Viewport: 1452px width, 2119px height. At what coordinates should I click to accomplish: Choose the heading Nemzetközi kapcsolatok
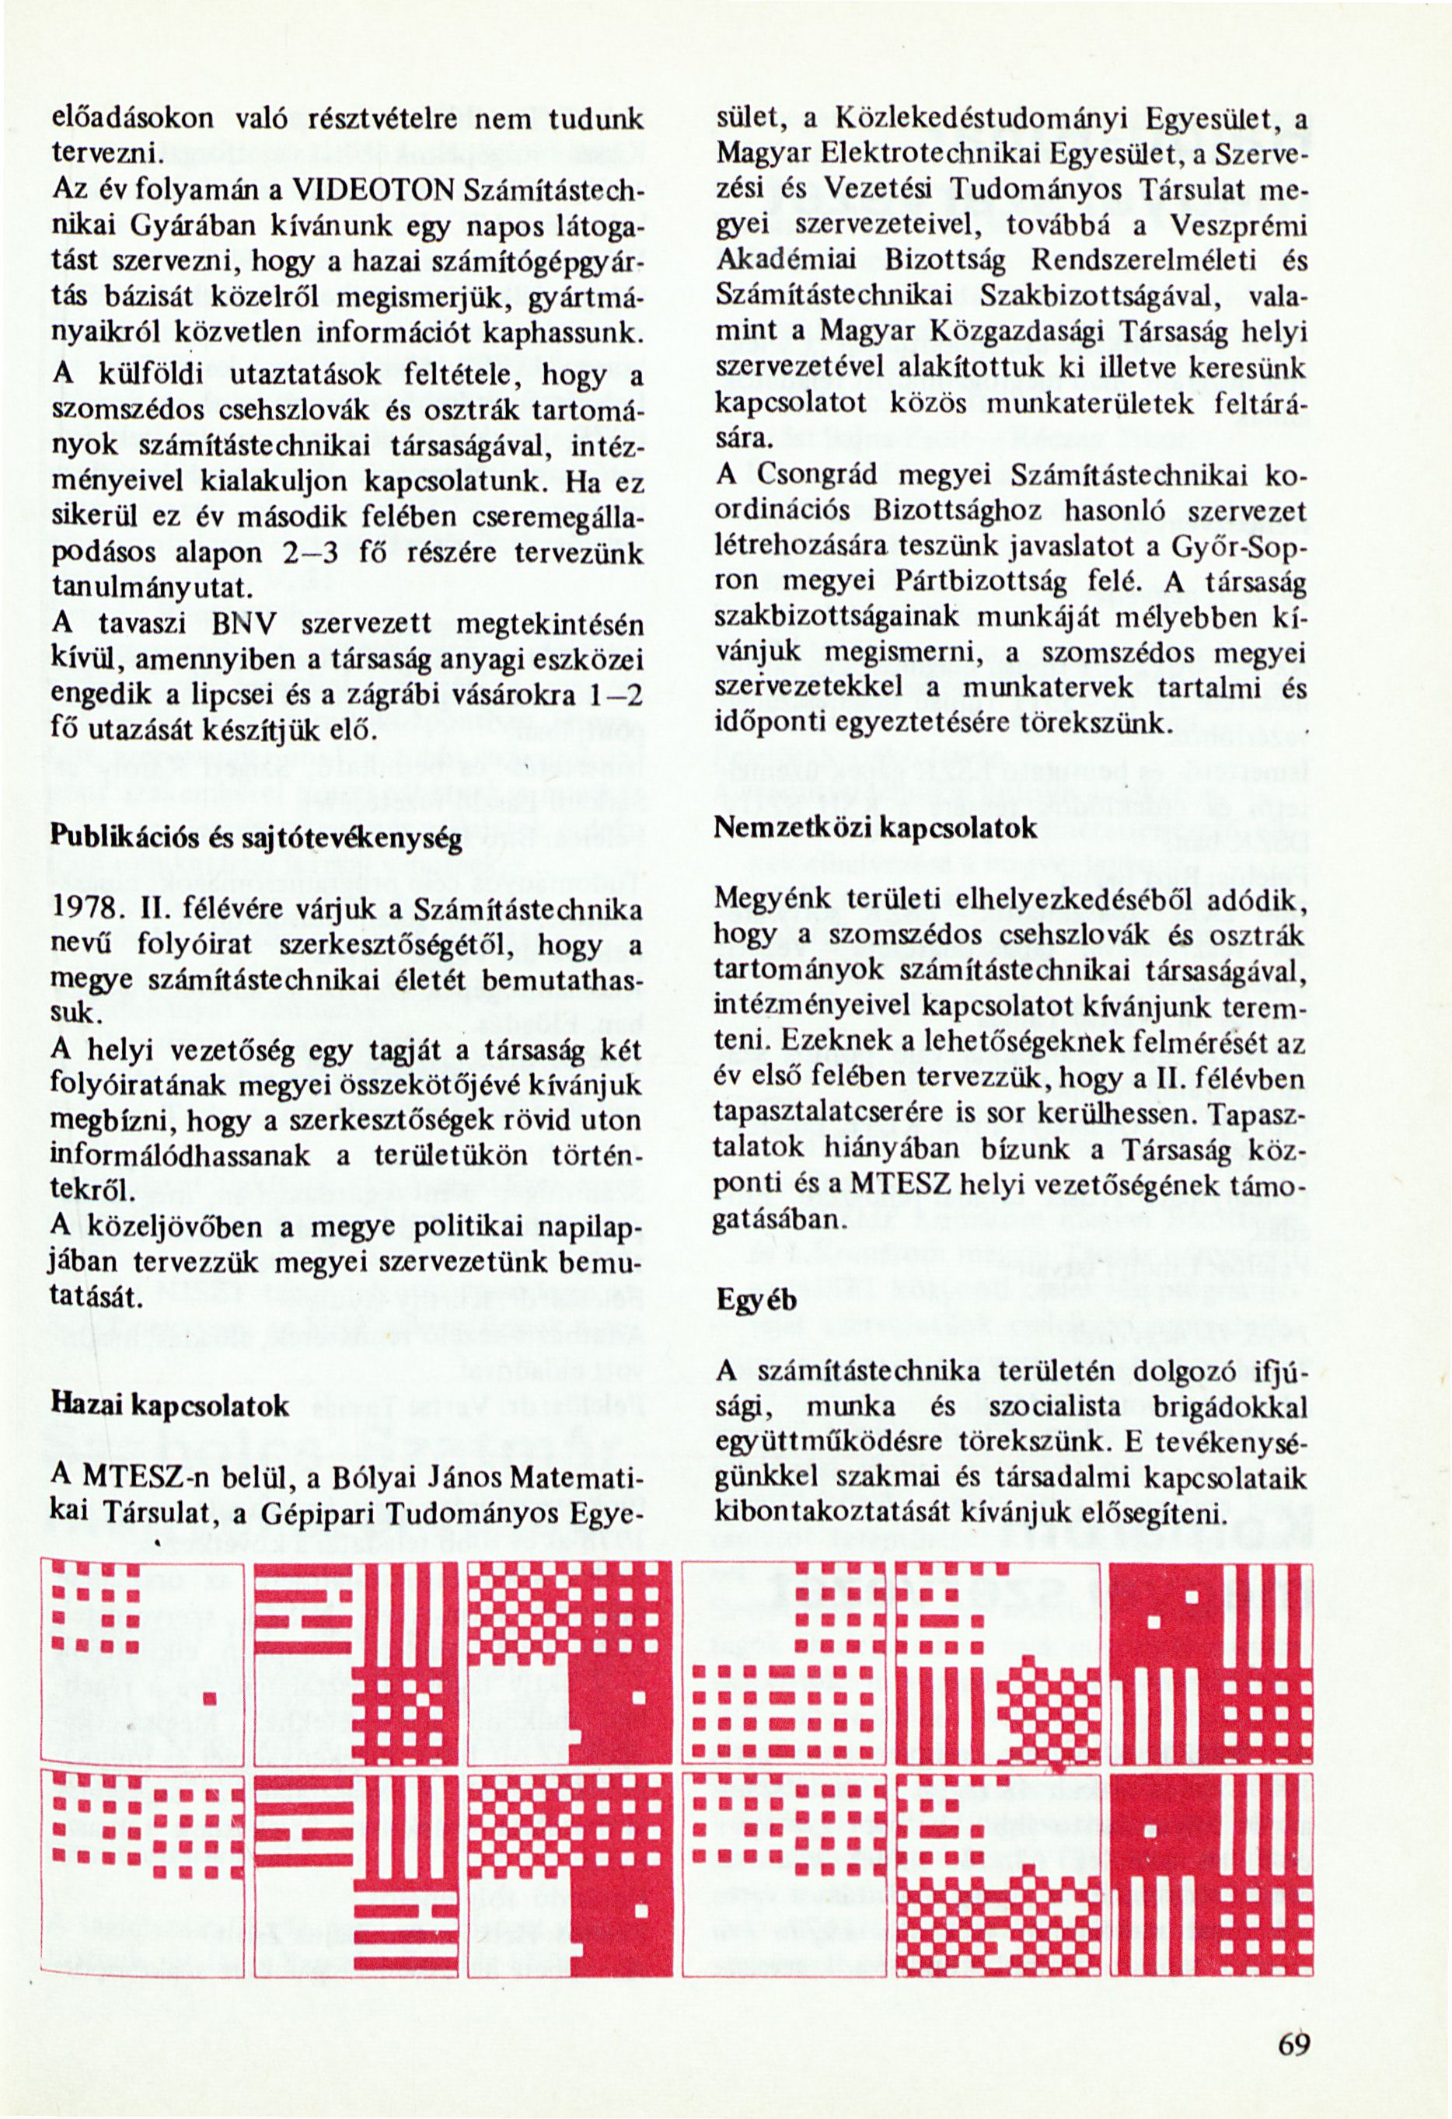pyautogui.click(x=875, y=827)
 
